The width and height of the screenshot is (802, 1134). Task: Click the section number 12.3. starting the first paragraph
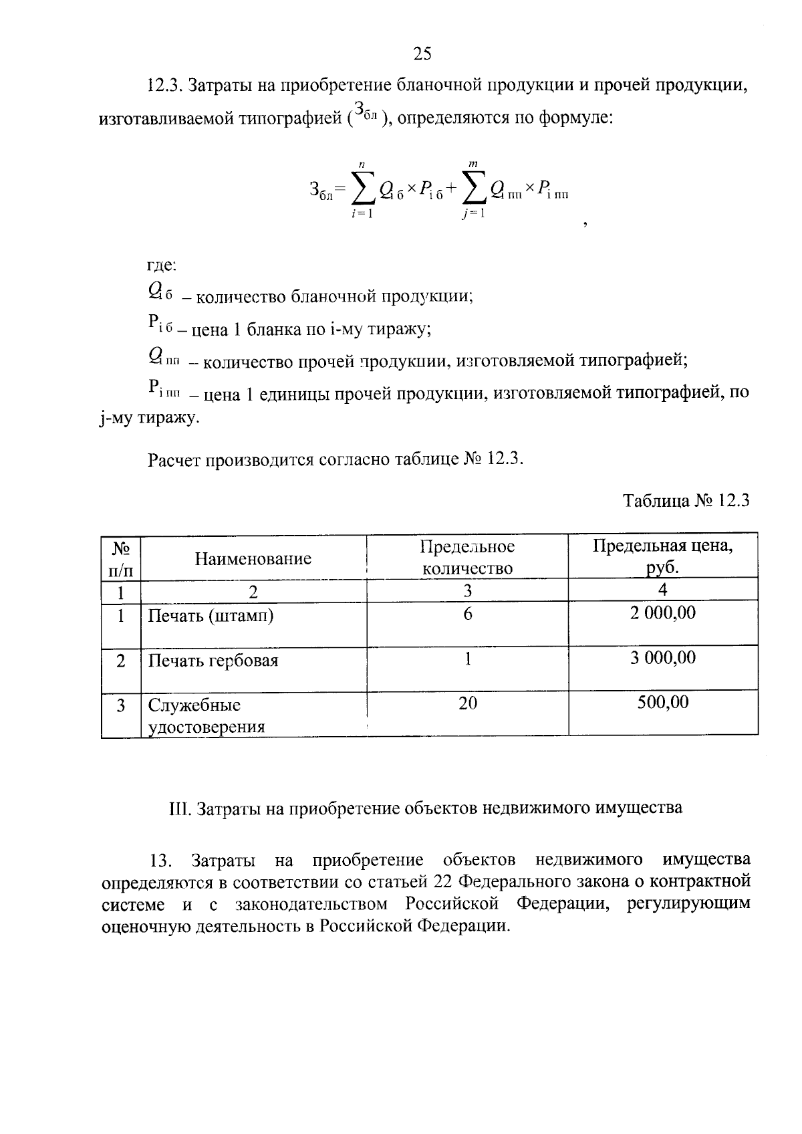164,86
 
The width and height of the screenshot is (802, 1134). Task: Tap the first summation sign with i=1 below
362,190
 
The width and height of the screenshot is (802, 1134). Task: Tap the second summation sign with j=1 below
473,190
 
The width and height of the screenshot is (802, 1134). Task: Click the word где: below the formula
161,265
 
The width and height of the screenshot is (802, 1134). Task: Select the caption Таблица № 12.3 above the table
686,501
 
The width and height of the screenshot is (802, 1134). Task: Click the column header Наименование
253,558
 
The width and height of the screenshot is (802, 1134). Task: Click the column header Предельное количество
467,558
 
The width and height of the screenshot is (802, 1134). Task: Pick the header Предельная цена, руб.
662,556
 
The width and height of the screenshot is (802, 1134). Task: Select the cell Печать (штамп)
211,615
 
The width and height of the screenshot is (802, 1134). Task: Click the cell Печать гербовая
213,661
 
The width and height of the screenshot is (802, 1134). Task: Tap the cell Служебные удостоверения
206,716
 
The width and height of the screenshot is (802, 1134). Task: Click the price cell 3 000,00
662,658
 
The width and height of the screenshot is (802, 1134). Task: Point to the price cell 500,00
662,702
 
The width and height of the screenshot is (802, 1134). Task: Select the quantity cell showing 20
467,703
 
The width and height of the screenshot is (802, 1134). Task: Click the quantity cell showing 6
467,614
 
